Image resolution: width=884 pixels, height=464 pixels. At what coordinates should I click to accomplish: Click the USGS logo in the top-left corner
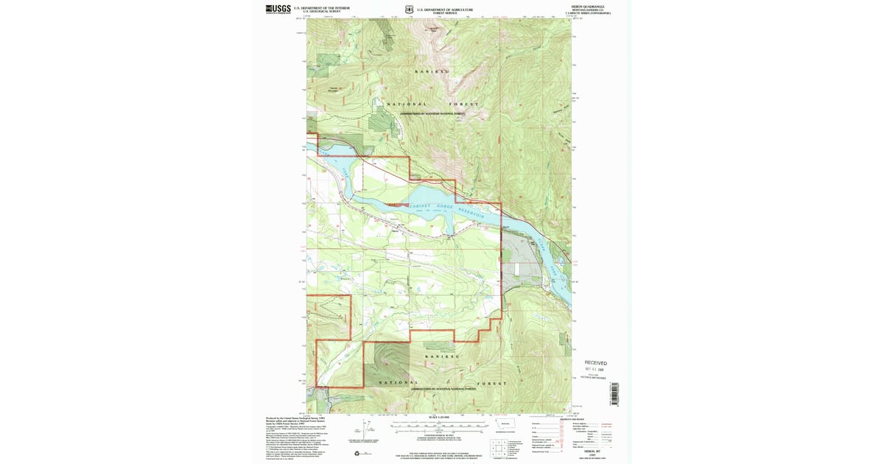click(x=278, y=10)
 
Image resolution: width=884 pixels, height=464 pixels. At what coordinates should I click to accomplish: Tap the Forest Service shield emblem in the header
click(x=410, y=10)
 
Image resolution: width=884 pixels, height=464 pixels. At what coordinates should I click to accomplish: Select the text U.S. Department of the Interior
click(x=321, y=7)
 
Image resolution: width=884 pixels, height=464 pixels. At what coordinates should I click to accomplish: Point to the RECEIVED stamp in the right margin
click(x=596, y=363)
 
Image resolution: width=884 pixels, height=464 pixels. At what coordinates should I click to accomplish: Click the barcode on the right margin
click(x=614, y=393)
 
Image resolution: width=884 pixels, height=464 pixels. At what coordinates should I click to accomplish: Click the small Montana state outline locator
click(x=505, y=425)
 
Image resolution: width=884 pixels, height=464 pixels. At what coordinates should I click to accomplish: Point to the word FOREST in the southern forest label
click(x=491, y=384)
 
